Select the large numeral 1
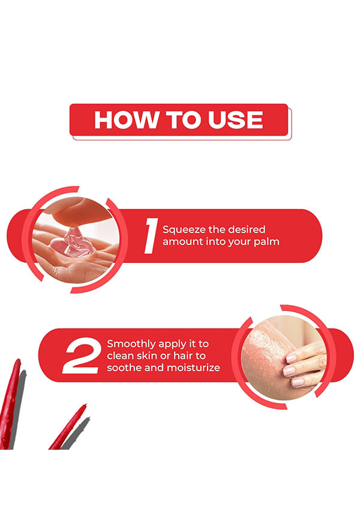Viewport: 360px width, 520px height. [151, 236]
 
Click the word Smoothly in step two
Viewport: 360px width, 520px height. [131, 344]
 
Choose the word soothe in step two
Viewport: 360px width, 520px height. [124, 367]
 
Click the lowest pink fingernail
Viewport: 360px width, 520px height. [297, 382]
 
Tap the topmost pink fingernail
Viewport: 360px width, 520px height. [292, 358]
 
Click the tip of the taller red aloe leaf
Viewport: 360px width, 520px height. [19, 360]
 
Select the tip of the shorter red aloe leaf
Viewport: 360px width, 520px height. [86, 405]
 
